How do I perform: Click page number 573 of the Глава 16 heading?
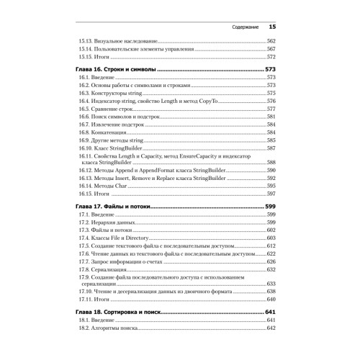(x=271, y=68)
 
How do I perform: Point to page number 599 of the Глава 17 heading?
(x=271, y=206)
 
